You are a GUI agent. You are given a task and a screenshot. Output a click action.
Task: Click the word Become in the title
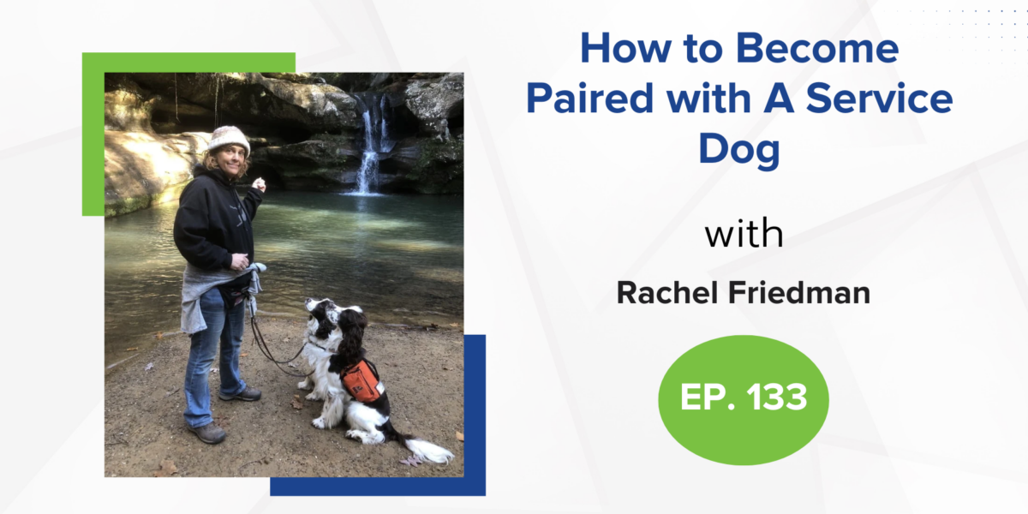pyautogui.click(x=817, y=48)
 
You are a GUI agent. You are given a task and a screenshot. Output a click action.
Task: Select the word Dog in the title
pyautogui.click(x=738, y=150)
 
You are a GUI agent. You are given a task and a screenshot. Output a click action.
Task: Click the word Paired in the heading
pyautogui.click(x=589, y=99)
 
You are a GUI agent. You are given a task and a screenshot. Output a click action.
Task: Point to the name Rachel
pyautogui.click(x=670, y=293)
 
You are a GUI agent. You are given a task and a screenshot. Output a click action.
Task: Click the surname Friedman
pyautogui.click(x=799, y=293)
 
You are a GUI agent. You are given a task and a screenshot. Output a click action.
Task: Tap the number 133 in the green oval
pyautogui.click(x=776, y=397)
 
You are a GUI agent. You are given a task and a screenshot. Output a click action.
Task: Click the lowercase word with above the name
pyautogui.click(x=744, y=234)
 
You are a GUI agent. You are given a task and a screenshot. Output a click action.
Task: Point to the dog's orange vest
pyautogui.click(x=363, y=380)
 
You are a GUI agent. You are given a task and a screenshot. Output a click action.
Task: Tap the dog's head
pyautogui.click(x=332, y=319)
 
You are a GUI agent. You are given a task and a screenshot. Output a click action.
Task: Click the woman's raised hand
pyautogui.click(x=260, y=184)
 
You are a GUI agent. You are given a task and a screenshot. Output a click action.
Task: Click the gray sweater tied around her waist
pyautogui.click(x=216, y=294)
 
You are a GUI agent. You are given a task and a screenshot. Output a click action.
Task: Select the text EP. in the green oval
pyautogui.click(x=708, y=397)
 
